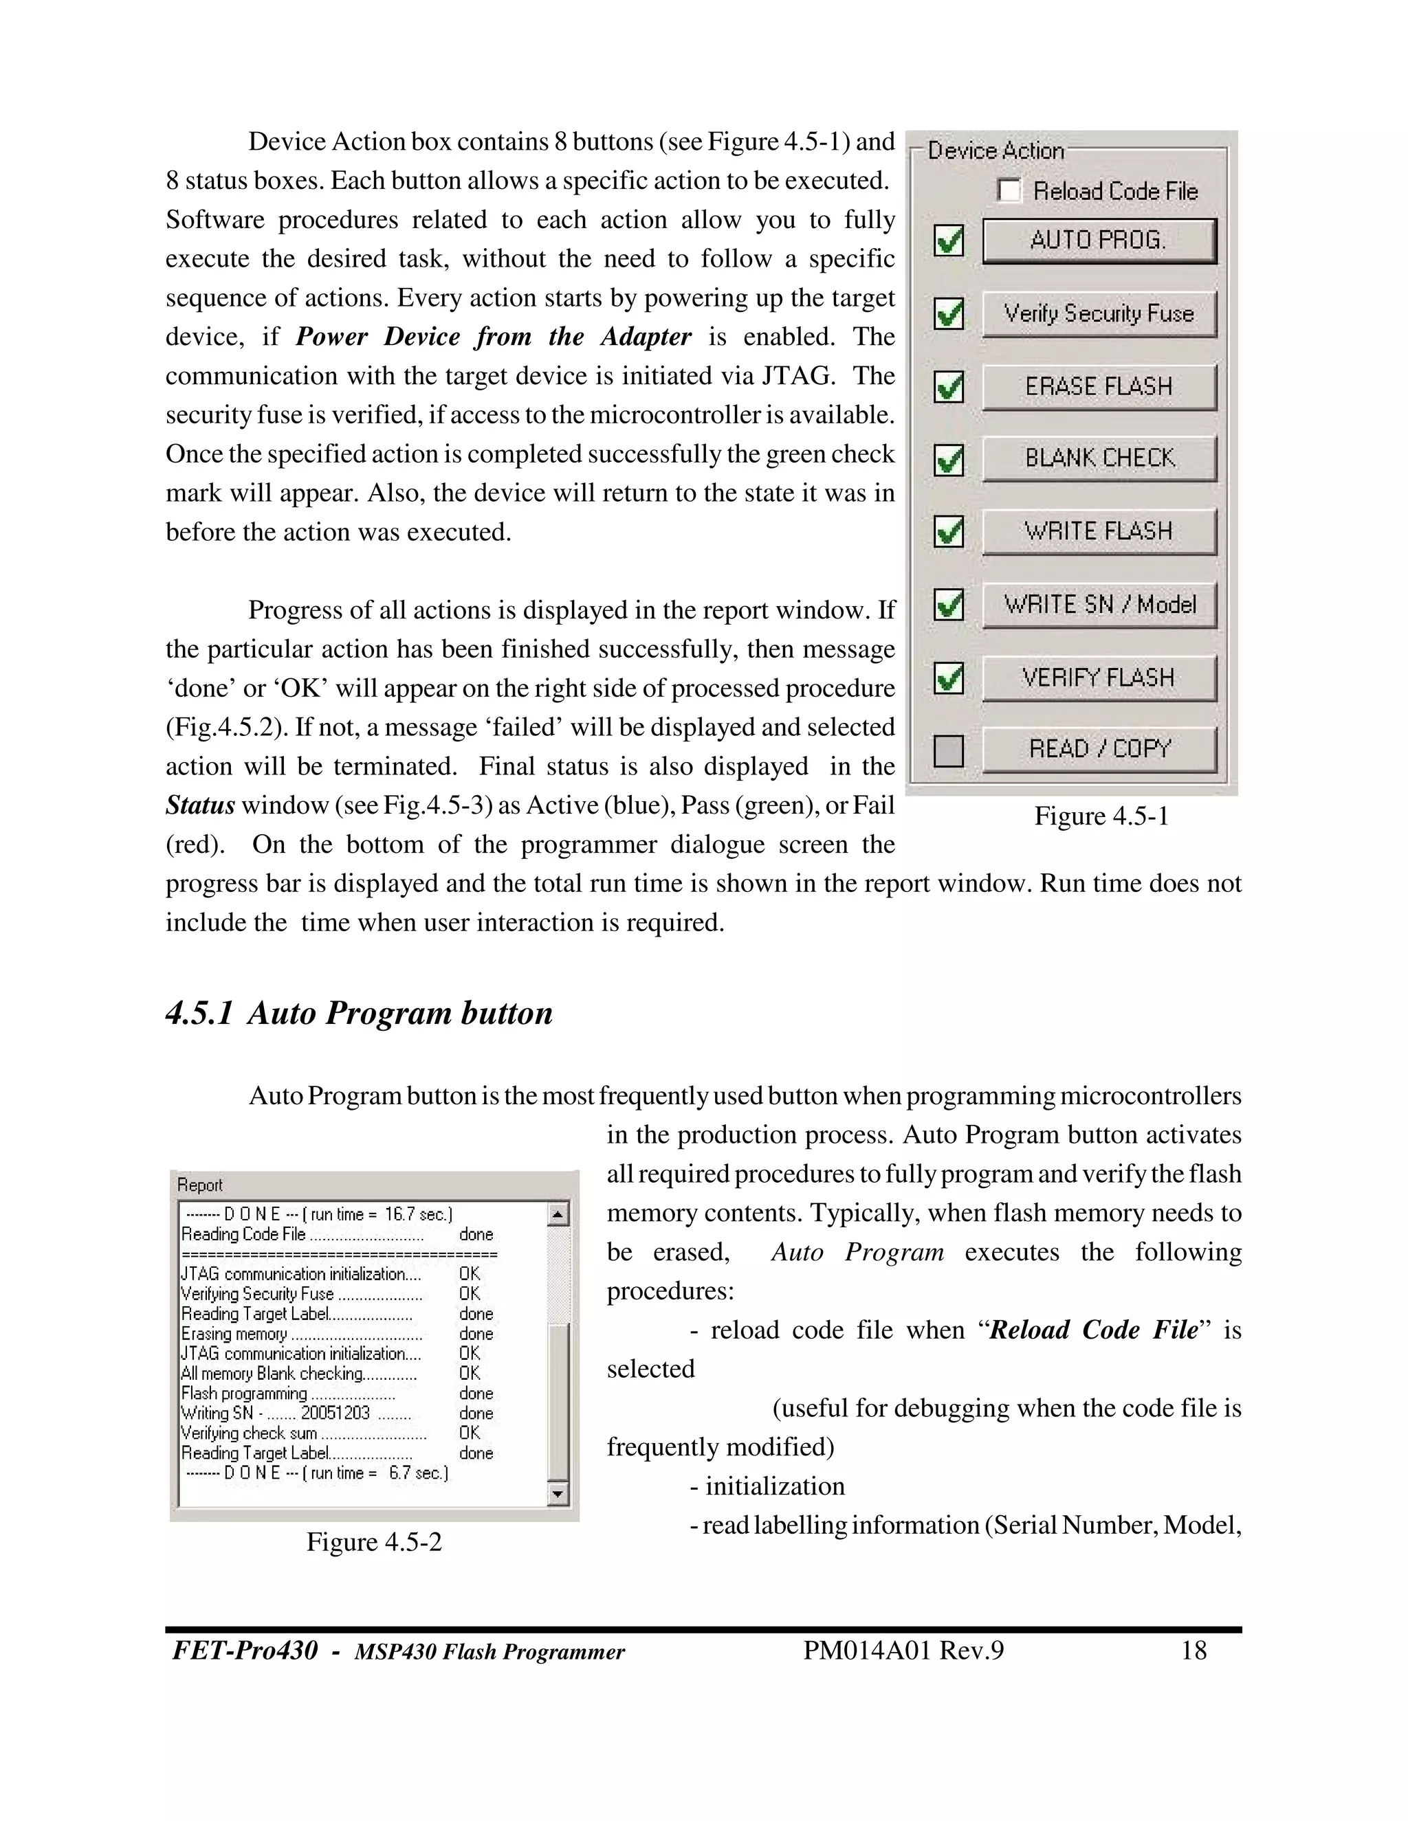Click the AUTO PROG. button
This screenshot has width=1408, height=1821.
point(1099,241)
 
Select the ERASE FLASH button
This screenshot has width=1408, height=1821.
point(1099,387)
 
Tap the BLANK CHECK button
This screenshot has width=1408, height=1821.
point(1099,458)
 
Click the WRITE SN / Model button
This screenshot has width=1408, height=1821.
point(1099,605)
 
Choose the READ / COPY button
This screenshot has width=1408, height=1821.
point(1099,750)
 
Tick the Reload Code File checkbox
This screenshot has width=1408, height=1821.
point(1009,191)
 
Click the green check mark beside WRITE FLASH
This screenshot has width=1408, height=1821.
point(948,531)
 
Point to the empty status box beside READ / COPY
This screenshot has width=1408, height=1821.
point(948,750)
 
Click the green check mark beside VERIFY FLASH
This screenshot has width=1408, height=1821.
point(948,678)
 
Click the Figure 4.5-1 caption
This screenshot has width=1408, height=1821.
point(1101,816)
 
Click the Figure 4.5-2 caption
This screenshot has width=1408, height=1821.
point(374,1542)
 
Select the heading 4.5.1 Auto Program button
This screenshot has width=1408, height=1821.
point(360,1013)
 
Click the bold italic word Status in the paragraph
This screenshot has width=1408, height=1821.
point(200,805)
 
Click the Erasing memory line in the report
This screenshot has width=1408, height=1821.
point(234,1334)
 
